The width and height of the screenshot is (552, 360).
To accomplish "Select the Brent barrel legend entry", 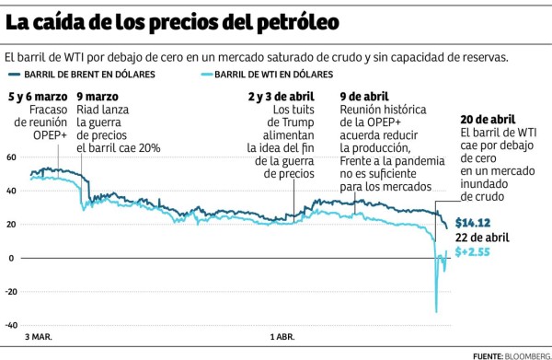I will pyautogui.click(x=83, y=74).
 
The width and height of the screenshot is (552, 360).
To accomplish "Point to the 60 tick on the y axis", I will pyautogui.click(x=10, y=157).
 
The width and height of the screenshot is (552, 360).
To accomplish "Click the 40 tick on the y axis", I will pyautogui.click(x=10, y=191).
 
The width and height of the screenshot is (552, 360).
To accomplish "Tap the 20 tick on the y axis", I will pyautogui.click(x=10, y=225).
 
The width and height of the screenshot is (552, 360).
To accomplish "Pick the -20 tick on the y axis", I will pyautogui.click(x=10, y=292).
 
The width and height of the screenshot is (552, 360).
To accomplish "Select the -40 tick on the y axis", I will pyautogui.click(x=10, y=325).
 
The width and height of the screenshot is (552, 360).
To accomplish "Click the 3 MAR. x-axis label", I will pyautogui.click(x=39, y=337).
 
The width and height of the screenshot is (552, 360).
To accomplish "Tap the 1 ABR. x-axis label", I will pyautogui.click(x=281, y=337).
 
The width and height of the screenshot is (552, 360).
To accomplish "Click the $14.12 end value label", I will pyautogui.click(x=473, y=222).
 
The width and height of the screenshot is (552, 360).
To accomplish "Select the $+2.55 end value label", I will pyautogui.click(x=473, y=252).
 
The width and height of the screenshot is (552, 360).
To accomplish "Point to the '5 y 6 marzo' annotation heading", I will pyautogui.click(x=37, y=96).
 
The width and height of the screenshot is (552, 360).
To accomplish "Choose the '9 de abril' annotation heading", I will pyautogui.click(x=363, y=96).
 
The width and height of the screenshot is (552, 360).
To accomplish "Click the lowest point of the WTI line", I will pyautogui.click(x=436, y=312).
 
